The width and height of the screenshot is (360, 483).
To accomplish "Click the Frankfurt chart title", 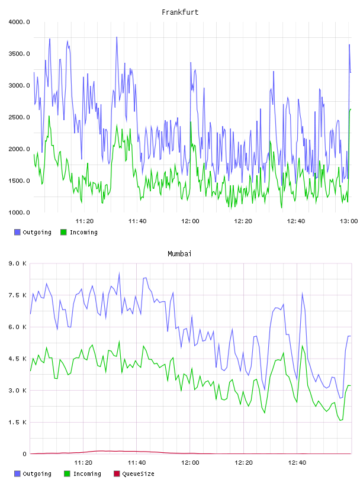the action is (180, 12).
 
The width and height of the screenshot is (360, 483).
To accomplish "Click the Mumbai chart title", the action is (179, 254).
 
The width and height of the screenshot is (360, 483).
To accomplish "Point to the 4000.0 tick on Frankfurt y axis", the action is (19, 22).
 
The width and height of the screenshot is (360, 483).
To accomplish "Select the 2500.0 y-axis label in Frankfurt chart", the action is (19, 117).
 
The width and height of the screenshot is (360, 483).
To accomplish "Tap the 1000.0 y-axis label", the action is (19, 212).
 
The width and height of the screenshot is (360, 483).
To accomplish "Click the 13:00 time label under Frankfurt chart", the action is (349, 221).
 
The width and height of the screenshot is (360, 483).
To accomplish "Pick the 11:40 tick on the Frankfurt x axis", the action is (137, 221).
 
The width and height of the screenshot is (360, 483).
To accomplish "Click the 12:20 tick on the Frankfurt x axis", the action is (243, 221).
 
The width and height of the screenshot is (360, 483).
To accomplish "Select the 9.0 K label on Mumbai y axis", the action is (17, 263).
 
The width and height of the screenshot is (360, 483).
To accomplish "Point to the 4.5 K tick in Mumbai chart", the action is (17, 359).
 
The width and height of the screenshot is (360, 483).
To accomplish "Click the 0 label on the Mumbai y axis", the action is (24, 454).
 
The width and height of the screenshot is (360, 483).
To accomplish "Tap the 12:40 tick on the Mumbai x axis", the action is (297, 463).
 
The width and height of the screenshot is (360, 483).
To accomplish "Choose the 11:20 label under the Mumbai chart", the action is (83, 463).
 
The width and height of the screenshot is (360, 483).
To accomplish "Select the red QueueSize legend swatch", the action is (117, 474).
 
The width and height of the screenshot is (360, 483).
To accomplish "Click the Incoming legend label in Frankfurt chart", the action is (83, 232).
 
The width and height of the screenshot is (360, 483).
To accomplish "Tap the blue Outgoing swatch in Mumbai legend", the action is (17, 474).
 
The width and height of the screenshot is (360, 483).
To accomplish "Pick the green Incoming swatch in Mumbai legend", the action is (67, 474).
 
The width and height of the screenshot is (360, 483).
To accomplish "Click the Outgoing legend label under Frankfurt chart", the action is (37, 232).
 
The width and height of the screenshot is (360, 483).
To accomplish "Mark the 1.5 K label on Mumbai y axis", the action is (17, 422).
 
